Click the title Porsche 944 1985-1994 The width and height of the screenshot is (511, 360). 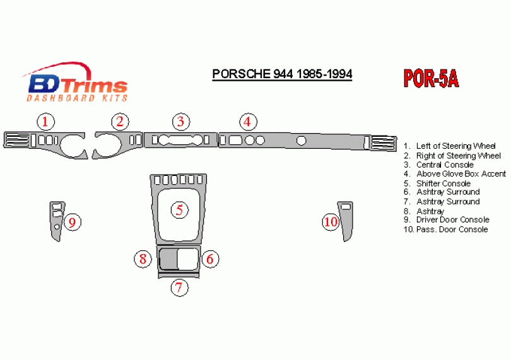(x=282, y=74)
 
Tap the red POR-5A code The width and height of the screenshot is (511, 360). (x=431, y=79)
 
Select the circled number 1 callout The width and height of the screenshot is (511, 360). (x=45, y=122)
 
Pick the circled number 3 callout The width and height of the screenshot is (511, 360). (x=181, y=122)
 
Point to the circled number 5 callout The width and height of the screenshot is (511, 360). (x=180, y=210)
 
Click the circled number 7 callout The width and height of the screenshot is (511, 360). (x=179, y=287)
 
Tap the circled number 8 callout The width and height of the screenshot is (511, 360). (x=143, y=259)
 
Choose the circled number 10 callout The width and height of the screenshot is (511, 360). (x=331, y=222)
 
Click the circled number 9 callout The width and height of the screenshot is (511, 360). (x=72, y=223)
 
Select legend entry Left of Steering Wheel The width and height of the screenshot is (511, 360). (x=449, y=146)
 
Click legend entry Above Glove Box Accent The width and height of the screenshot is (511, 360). (x=455, y=174)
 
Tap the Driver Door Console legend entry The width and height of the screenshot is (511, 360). (x=447, y=220)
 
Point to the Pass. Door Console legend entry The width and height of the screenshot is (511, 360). (x=445, y=229)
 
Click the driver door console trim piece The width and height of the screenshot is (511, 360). (x=54, y=232)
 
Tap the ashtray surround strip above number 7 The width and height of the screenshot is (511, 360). (x=179, y=276)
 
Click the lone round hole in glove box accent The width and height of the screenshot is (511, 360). (x=302, y=141)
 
